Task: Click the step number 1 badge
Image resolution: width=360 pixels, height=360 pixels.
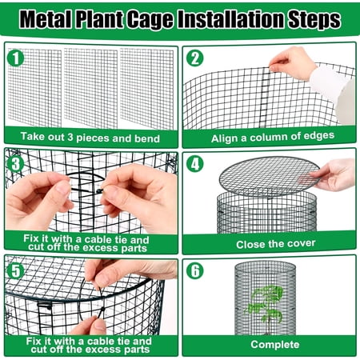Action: [x=16, y=58]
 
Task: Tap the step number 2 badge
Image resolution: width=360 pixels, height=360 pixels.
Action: [x=195, y=58]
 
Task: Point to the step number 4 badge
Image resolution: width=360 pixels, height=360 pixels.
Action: [x=195, y=163]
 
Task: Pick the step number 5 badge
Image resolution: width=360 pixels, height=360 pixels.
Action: [x=16, y=269]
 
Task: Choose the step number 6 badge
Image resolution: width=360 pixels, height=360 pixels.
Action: [x=195, y=270]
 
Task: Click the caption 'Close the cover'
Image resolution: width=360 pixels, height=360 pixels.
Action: [x=267, y=242]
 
